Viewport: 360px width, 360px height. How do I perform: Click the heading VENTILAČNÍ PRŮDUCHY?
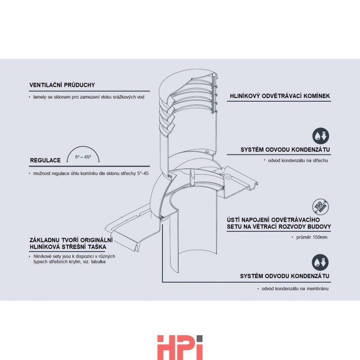click(62, 85)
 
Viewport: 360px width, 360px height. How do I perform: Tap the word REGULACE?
click(45, 160)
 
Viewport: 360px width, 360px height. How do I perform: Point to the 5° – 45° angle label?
click(83, 157)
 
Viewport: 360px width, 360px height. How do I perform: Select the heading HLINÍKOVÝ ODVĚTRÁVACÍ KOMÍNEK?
click(280, 96)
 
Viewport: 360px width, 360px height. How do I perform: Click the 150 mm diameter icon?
click(320, 207)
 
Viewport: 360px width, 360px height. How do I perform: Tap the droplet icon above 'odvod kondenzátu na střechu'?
click(320, 136)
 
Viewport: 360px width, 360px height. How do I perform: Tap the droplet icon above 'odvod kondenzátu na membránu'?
click(320, 262)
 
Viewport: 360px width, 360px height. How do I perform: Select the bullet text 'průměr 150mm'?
click(312, 237)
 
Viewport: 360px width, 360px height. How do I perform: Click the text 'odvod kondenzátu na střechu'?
click(298, 161)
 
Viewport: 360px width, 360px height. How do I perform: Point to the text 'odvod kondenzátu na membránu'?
click(295, 288)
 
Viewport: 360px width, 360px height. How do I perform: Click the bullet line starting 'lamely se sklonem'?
click(89, 97)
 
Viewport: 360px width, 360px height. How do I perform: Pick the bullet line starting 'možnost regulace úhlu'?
click(91, 174)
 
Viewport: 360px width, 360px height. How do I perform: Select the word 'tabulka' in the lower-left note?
click(98, 262)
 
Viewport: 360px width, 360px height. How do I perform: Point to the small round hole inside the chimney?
click(207, 152)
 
